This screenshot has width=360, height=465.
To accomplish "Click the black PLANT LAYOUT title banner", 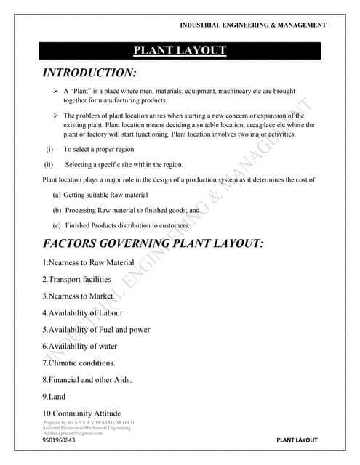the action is point(180,50).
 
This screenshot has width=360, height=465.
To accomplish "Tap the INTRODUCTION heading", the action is point(89,73).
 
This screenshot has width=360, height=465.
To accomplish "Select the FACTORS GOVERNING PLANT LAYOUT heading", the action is point(153,243).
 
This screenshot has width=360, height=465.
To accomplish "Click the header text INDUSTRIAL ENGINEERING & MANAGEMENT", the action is point(252,25).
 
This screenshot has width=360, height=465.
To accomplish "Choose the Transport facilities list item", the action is point(76,279).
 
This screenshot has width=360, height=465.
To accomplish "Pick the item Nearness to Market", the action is point(79,296).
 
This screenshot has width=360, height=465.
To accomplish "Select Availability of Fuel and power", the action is point(96,329).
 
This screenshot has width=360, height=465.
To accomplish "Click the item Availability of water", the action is point(79,346).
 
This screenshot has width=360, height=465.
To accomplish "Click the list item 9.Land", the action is point(54,397).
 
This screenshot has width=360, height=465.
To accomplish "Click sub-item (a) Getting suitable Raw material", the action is point(100,195).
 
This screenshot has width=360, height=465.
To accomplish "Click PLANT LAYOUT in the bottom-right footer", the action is point(297,440).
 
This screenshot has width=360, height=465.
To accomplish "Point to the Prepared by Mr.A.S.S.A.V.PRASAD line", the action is point(89,422).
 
